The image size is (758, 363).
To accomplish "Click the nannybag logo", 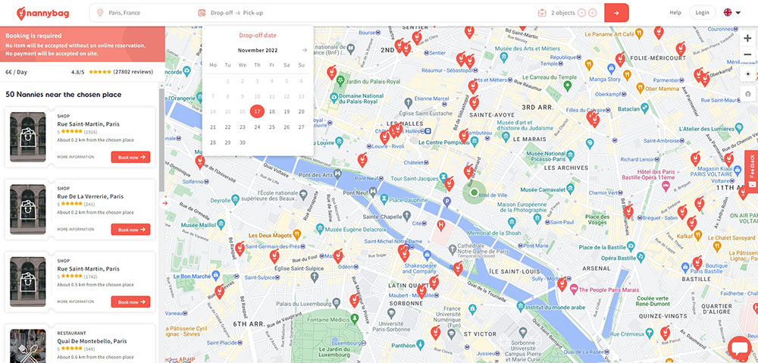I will click(x=45, y=12).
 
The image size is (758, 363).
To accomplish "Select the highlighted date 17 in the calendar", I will click(x=257, y=111).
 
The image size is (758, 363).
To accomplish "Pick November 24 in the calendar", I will click(x=257, y=127).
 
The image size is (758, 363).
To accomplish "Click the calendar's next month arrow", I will click(x=304, y=50).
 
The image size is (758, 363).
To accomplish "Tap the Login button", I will click(x=702, y=12).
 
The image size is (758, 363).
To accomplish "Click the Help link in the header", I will click(x=675, y=12).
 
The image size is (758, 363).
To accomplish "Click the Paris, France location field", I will click(x=140, y=12).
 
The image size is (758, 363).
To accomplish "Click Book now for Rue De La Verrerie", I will click(x=130, y=229).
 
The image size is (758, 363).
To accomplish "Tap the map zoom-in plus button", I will click(x=747, y=39).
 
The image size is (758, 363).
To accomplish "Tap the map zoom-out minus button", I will click(x=747, y=55).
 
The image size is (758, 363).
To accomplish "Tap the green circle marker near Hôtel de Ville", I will click(x=475, y=193).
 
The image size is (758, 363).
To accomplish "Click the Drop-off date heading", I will click(x=258, y=36).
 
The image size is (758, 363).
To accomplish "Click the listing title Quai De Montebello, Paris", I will click(x=92, y=341).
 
